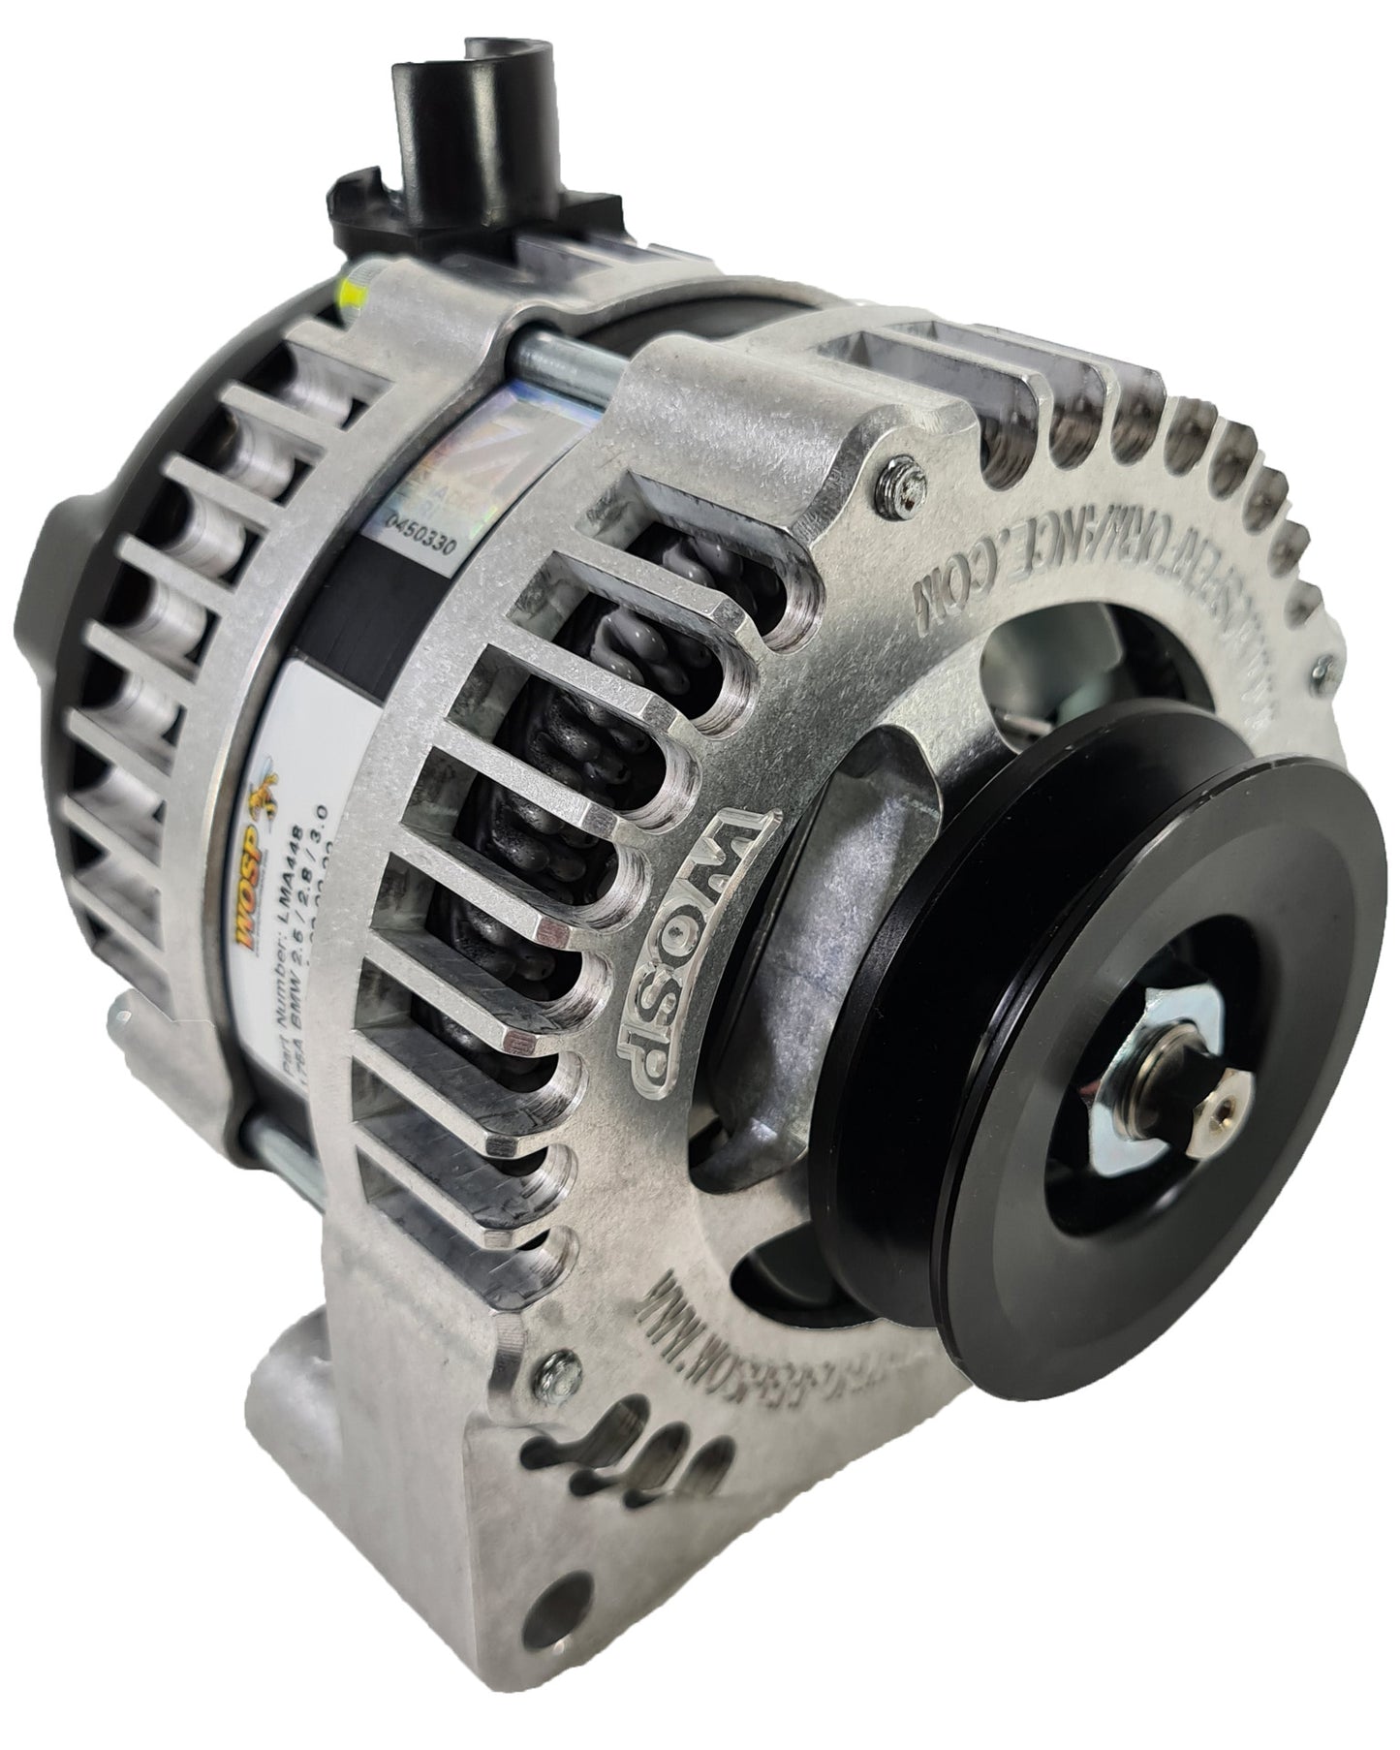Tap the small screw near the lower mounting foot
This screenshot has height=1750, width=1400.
point(555,1364)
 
